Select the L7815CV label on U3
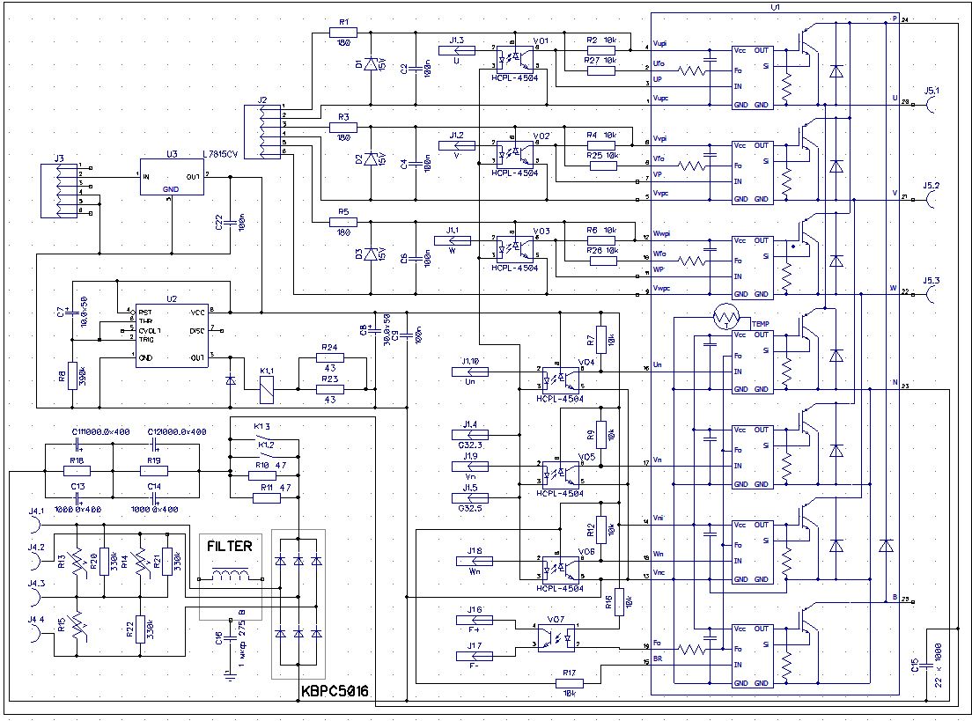click(x=223, y=154)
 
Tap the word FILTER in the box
click(x=229, y=546)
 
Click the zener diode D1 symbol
click(x=371, y=64)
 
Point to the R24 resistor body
click(x=330, y=359)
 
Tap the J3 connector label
click(x=59, y=158)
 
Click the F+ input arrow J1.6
click(x=475, y=621)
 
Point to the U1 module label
click(x=775, y=6)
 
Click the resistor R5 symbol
click(x=343, y=223)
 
